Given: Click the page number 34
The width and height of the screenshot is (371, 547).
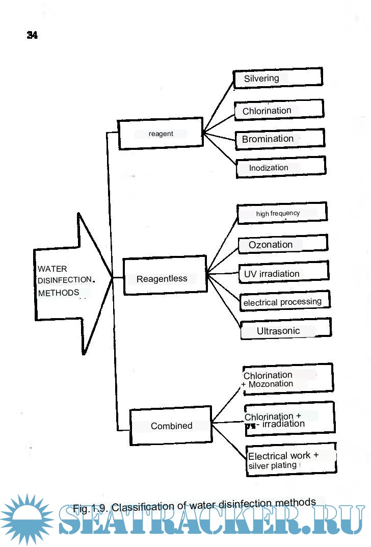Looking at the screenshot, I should click(32, 35).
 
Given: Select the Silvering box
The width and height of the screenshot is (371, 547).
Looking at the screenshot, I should click(278, 78).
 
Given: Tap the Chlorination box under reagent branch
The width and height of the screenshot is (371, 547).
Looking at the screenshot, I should click(279, 110).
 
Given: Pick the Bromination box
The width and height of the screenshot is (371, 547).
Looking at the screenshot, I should click(279, 139).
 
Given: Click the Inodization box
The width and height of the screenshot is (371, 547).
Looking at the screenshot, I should click(280, 167).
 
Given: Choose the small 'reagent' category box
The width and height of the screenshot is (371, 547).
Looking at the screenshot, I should click(161, 134).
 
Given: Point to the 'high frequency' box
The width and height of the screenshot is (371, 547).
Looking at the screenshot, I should click(282, 213).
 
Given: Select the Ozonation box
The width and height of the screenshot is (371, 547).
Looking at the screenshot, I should click(283, 245).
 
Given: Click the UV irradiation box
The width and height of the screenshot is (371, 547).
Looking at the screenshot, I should click(283, 274).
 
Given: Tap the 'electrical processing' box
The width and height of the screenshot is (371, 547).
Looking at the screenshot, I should click(284, 302).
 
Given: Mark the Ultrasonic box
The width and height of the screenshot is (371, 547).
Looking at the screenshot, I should click(285, 331).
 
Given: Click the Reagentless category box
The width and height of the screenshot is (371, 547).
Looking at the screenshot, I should click(165, 278).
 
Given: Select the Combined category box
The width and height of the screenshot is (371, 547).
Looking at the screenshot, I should click(171, 426).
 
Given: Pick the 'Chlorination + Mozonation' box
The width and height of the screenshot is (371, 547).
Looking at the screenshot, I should click(287, 379).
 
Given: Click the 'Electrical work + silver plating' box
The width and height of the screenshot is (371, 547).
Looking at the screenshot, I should click(291, 460).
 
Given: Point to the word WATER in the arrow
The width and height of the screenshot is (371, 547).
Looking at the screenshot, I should click(52, 269).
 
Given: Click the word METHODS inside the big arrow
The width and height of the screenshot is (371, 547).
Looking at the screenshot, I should click(59, 293).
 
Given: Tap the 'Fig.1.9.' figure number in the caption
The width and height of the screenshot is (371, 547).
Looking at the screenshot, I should click(91, 508).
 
